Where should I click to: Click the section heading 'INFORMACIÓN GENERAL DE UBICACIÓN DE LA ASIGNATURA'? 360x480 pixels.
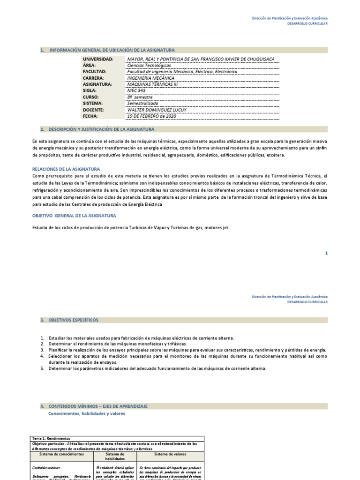click(112, 50)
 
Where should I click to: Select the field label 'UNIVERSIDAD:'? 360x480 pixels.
click(98, 59)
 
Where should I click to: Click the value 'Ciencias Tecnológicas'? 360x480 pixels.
click(149, 66)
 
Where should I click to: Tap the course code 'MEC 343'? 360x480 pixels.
click(136, 91)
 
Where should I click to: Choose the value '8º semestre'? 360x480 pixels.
click(140, 97)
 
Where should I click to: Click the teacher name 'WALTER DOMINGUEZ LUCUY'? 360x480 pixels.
click(157, 110)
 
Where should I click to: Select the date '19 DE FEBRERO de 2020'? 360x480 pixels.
click(152, 116)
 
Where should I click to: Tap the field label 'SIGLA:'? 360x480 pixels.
click(90, 91)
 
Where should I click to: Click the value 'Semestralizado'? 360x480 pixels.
click(143, 103)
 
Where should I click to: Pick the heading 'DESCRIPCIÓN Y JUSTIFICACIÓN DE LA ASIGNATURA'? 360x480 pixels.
click(101, 129)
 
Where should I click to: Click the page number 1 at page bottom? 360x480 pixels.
click(326, 253)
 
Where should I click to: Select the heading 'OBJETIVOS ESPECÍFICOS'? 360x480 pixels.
click(74, 320)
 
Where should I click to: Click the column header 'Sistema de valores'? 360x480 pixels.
click(171, 454)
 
